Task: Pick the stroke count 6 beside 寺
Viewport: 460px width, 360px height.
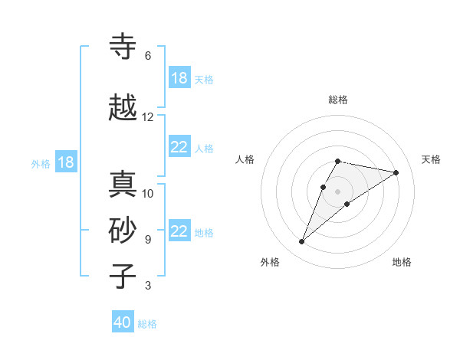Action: pyautogui.click(x=148, y=56)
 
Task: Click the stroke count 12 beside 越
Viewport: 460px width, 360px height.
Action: pyautogui.click(x=148, y=117)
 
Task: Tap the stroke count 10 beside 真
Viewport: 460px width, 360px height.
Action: pyautogui.click(x=148, y=194)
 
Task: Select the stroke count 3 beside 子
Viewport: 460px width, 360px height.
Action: pyautogui.click(x=148, y=286)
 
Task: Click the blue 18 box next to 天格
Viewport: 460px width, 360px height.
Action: pyautogui.click(x=179, y=78)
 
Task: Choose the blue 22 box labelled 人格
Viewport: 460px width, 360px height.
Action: pyautogui.click(x=179, y=148)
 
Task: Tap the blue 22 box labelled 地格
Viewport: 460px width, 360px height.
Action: pyautogui.click(x=179, y=232)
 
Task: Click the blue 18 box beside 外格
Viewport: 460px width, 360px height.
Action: pyautogui.click(x=65, y=162)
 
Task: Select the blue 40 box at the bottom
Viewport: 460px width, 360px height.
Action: pyautogui.click(x=123, y=322)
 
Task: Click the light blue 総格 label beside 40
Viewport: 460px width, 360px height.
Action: pyautogui.click(x=147, y=324)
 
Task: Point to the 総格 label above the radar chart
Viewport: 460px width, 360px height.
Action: pyautogui.click(x=338, y=100)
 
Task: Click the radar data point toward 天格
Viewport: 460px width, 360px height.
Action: pyautogui.click(x=396, y=172)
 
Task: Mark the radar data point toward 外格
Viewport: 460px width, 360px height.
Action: pyautogui.click(x=301, y=242)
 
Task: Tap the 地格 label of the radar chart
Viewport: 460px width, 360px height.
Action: pyautogui.click(x=402, y=262)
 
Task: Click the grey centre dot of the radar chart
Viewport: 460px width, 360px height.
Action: pyautogui.click(x=337, y=191)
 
